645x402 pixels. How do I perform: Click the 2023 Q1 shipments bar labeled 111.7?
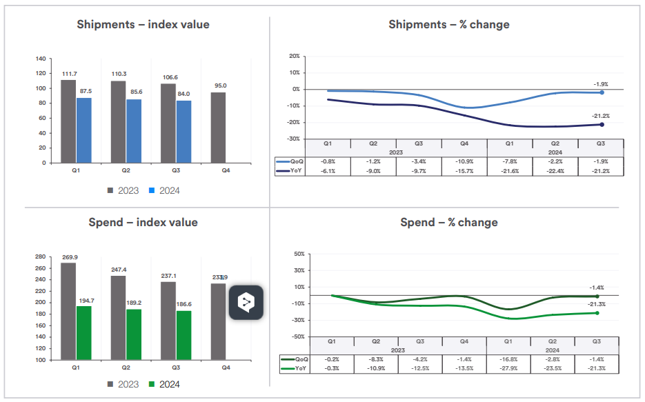pyautogui.click(x=68, y=121)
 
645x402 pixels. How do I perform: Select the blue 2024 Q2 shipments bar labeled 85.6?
pyautogui.click(x=134, y=131)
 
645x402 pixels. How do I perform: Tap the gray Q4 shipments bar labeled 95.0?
pyautogui.click(x=218, y=128)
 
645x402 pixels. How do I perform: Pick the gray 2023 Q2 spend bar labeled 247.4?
pyautogui.click(x=119, y=317)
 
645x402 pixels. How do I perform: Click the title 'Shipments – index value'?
pyautogui.click(x=143, y=25)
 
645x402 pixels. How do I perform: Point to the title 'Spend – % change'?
pyautogui.click(x=449, y=222)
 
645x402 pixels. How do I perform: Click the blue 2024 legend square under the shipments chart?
pyautogui.click(x=153, y=190)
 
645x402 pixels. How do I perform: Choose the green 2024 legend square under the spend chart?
pyautogui.click(x=153, y=384)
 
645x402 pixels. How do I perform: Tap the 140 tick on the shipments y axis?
pyautogui.click(x=41, y=59)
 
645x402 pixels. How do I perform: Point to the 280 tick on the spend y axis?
pyautogui.click(x=41, y=257)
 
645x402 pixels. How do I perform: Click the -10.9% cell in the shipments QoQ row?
pyautogui.click(x=464, y=161)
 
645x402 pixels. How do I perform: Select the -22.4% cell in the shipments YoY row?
pyautogui.click(x=555, y=170)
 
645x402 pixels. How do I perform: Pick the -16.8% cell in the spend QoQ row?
pyautogui.click(x=509, y=359)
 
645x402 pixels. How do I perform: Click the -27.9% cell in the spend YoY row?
pyautogui.click(x=509, y=368)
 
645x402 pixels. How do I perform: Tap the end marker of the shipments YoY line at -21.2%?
pyautogui.click(x=602, y=124)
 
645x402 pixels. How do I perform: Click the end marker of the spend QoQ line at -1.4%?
pyautogui.click(x=597, y=296)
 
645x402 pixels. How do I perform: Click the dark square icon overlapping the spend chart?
pyautogui.click(x=246, y=302)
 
